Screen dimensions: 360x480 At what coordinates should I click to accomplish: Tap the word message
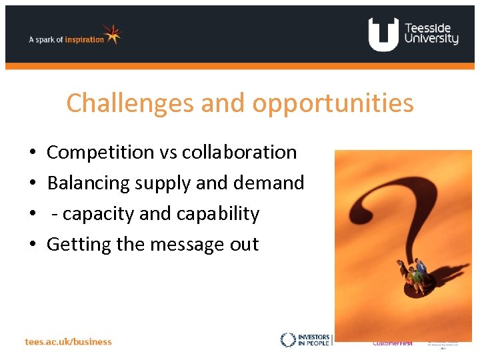click(189, 244)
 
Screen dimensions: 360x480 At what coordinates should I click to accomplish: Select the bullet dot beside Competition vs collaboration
click(33, 153)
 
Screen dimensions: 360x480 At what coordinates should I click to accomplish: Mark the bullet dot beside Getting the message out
click(33, 245)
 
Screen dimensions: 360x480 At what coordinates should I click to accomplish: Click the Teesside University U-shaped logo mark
click(383, 34)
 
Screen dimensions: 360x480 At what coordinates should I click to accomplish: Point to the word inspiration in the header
click(84, 39)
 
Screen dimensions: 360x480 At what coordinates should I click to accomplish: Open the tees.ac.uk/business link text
click(69, 341)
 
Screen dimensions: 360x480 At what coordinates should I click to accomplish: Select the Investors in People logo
click(305, 340)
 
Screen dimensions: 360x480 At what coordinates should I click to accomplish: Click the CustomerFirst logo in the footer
click(392, 343)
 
